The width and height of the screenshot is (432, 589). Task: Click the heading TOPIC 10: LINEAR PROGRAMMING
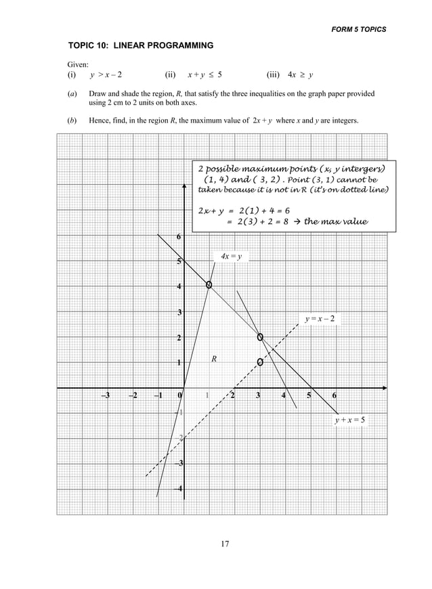point(141,45)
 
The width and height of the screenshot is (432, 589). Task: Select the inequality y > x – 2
point(106,75)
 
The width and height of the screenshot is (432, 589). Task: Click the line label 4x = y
point(231,256)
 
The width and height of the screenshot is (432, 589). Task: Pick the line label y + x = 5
point(349,420)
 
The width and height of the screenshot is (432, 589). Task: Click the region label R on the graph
point(213,358)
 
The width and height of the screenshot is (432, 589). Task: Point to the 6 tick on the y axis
point(179,237)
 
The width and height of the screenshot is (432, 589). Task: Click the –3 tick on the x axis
point(106,396)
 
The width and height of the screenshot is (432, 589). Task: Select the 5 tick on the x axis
point(309,396)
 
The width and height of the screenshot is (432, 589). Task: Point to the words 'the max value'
point(336,221)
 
